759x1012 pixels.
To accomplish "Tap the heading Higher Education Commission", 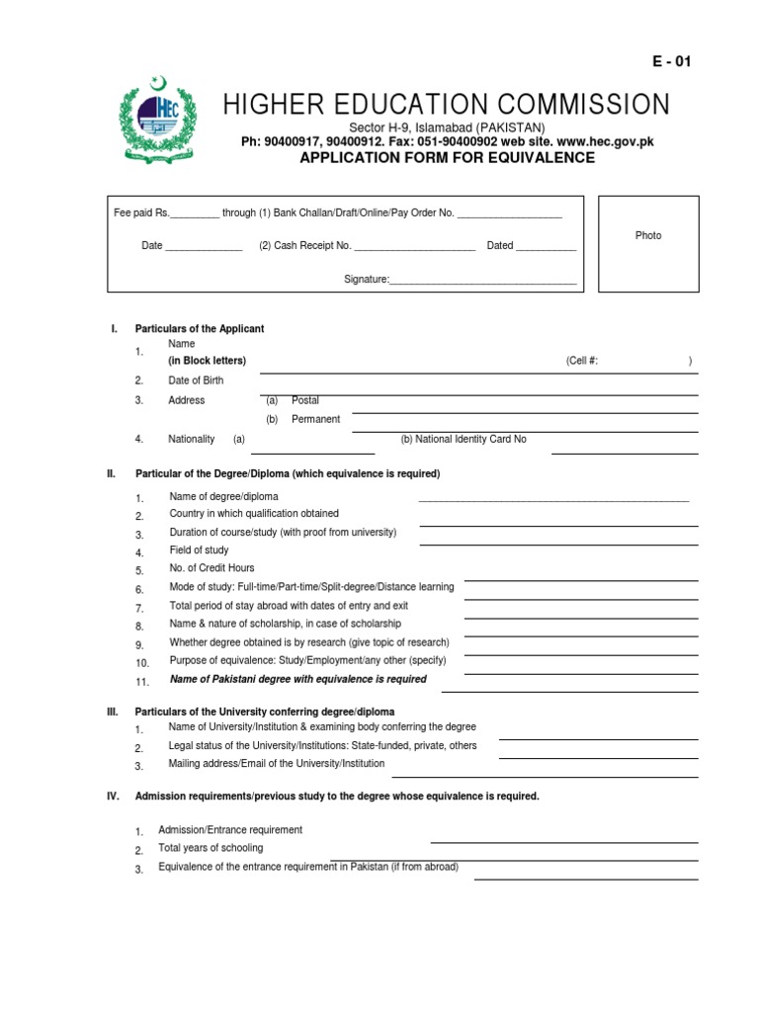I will pyautogui.click(x=446, y=105).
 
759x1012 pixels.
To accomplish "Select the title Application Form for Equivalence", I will pyautogui.click(x=447, y=158).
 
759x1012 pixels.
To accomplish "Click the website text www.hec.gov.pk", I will pyautogui.click(x=611, y=142).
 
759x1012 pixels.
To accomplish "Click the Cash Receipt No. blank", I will pyautogui.click(x=414, y=247).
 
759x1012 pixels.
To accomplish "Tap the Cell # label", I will pyautogui.click(x=582, y=362).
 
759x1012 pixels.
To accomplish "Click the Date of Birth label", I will pyautogui.click(x=196, y=380).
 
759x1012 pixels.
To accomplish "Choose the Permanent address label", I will pyautogui.click(x=315, y=419).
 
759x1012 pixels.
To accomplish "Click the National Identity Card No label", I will pyautogui.click(x=463, y=439).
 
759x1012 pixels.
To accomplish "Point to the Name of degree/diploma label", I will pyautogui.click(x=223, y=496).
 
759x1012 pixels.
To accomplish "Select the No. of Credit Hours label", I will pyautogui.click(x=211, y=568).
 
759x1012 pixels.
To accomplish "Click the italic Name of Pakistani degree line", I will pyautogui.click(x=298, y=679).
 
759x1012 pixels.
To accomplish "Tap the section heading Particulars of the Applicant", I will pyautogui.click(x=199, y=329).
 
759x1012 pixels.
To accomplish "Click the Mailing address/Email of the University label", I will pyautogui.click(x=277, y=764).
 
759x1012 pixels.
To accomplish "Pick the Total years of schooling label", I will pyautogui.click(x=211, y=848).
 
